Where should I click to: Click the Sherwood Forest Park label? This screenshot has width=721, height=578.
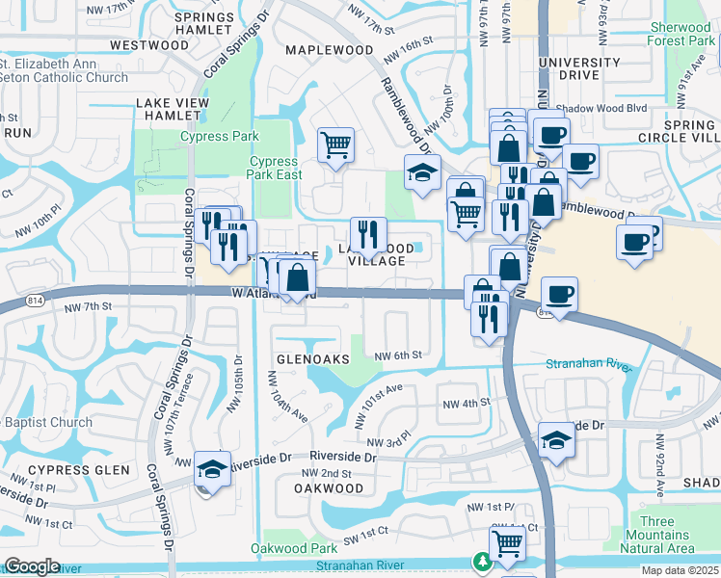click(x=681, y=34)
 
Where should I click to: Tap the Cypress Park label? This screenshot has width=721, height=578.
click(x=219, y=137)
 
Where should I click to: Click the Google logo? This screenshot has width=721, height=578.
click(x=32, y=566)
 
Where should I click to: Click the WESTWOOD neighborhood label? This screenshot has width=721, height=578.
click(x=149, y=45)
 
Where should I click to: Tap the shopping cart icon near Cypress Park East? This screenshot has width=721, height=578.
click(x=335, y=145)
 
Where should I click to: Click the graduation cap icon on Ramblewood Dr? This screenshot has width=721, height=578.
click(x=422, y=172)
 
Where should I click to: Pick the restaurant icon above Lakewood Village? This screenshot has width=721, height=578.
click(x=368, y=233)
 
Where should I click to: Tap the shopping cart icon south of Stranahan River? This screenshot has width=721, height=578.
click(x=507, y=543)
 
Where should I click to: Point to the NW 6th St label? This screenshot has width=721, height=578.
click(x=398, y=355)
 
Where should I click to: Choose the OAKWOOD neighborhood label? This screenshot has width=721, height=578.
click(x=329, y=488)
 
